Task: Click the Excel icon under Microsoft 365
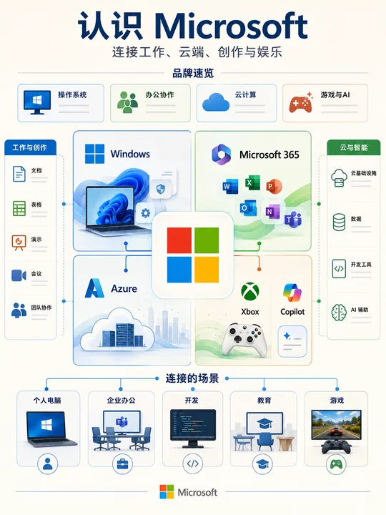pos(252,182)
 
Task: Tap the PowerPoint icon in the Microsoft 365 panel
pos(274,186)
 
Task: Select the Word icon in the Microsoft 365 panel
pos(230,186)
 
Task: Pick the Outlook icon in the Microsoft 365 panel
pos(248,207)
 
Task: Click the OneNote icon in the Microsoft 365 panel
pos(272,212)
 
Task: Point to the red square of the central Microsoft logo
pos(179,240)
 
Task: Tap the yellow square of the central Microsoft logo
pos(207,270)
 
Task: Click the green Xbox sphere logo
pos(250,291)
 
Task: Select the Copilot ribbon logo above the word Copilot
pos(292,293)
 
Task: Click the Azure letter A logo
pos(94,288)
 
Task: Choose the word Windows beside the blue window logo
pos(130,154)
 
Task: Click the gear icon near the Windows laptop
pos(145,213)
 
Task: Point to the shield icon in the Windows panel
pos(161,189)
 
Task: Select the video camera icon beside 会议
pos(19,275)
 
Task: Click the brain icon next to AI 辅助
pos(339,312)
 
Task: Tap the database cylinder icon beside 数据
pos(339,222)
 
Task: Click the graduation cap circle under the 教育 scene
pos(262,464)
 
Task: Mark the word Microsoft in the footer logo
pos(197,492)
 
